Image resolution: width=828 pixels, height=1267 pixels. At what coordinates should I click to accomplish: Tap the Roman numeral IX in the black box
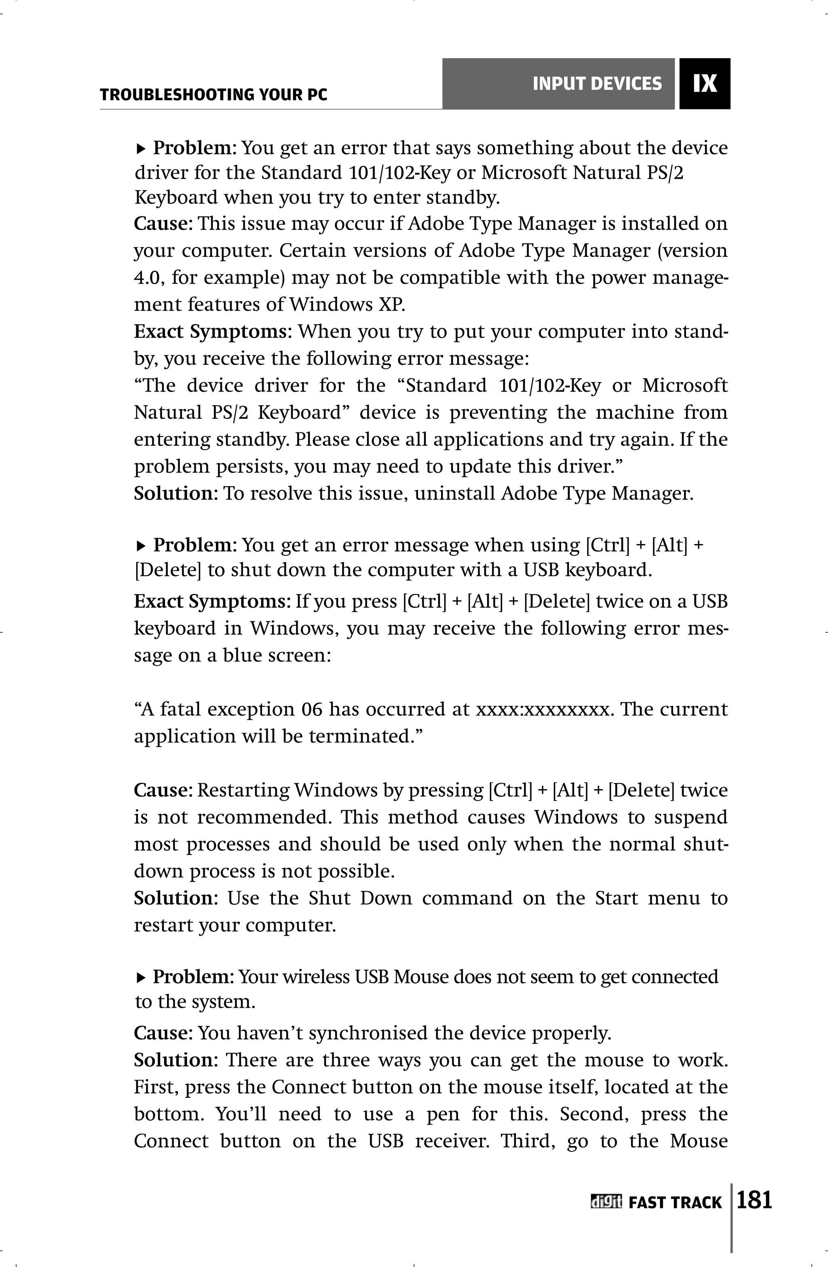click(705, 84)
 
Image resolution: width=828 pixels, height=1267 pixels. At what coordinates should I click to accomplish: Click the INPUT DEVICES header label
click(597, 84)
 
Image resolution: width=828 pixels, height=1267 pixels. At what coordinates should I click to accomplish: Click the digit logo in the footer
click(606, 1202)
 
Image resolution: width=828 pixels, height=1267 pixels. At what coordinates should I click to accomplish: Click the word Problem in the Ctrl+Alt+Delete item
click(192, 545)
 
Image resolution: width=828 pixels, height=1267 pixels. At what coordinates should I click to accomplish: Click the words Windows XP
click(347, 305)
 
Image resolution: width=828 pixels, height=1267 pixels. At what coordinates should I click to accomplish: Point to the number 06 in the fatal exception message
click(311, 709)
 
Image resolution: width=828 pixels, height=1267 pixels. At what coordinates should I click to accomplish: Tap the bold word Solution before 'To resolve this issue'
click(173, 494)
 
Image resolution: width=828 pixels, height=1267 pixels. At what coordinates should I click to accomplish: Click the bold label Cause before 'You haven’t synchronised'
click(162, 1033)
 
